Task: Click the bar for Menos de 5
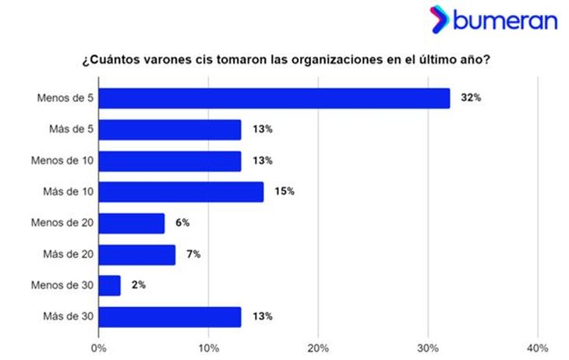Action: tap(274, 98)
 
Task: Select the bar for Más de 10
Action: tap(181, 192)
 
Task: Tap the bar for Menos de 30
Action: tap(110, 286)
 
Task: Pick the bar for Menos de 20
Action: tap(132, 224)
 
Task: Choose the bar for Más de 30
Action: tap(170, 317)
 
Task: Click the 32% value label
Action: tap(470, 98)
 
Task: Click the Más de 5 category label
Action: tap(70, 129)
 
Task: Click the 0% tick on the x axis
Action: tap(99, 347)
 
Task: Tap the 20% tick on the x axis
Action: tap(318, 347)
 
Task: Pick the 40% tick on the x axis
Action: tap(538, 347)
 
